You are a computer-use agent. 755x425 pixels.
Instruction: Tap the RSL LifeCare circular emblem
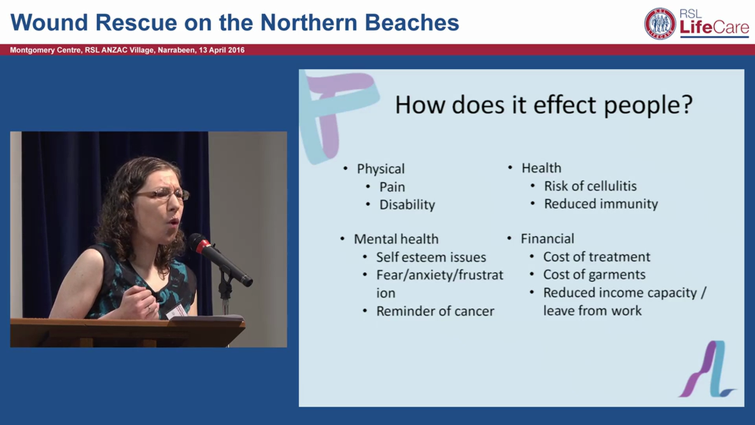tap(660, 24)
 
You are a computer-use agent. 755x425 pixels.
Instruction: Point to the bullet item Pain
tap(392, 187)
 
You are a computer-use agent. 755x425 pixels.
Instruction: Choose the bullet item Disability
tap(407, 205)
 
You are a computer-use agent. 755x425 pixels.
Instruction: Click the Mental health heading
tap(396, 239)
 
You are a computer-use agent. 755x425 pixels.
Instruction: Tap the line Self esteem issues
tap(431, 257)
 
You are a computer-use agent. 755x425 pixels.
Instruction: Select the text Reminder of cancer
tap(435, 311)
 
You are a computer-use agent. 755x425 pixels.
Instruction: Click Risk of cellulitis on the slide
tap(590, 186)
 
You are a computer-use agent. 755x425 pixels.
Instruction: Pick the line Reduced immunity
tap(600, 204)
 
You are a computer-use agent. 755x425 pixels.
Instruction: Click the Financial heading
tap(547, 238)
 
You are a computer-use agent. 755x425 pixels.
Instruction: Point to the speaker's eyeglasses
tap(162, 194)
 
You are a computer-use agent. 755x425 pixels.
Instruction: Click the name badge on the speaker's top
tap(176, 310)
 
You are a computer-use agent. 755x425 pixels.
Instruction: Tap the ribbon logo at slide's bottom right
tap(706, 369)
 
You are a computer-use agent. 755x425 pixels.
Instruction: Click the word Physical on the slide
tap(380, 169)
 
